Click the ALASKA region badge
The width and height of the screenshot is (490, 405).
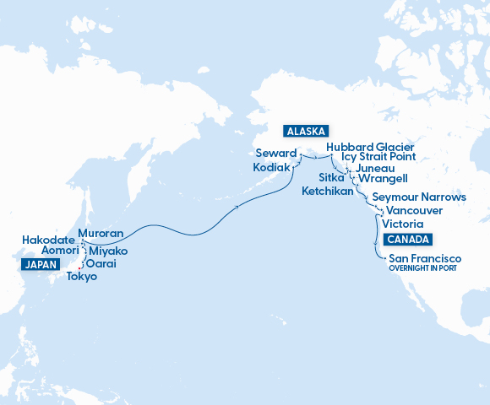306,132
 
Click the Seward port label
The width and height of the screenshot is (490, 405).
276,154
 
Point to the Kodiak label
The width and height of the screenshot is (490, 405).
272,168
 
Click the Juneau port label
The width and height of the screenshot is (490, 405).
376,168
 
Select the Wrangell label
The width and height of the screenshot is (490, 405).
383,179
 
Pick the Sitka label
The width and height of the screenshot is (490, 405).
331,179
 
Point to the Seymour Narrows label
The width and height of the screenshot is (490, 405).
419,197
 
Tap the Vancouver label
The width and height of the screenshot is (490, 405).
414,210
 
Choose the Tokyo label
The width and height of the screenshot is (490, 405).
81,277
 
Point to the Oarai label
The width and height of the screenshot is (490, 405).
101,264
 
